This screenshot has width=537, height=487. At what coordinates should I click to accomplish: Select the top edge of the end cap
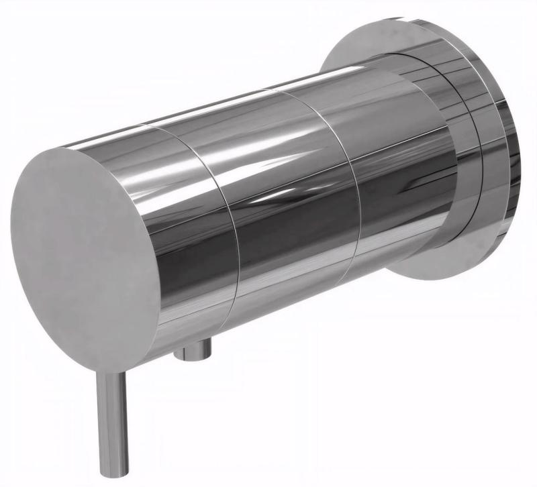(x=81, y=151)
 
